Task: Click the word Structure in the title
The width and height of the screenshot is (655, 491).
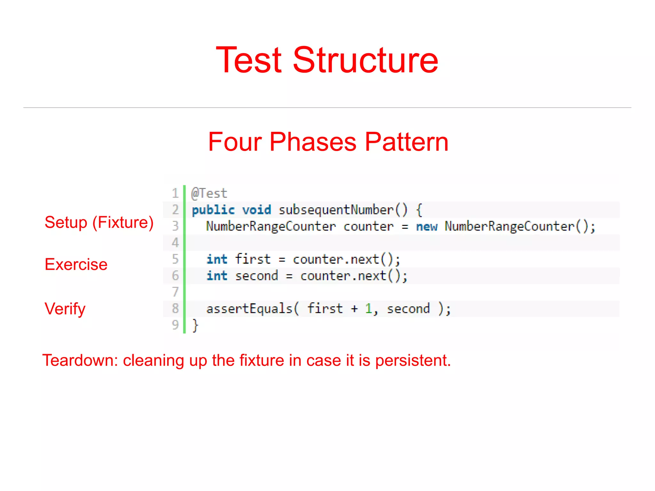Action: point(365,60)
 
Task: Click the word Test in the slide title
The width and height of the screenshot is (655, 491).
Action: point(249,60)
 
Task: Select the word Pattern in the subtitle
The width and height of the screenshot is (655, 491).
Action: point(406,142)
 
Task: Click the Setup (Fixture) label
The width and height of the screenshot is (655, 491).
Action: point(99,223)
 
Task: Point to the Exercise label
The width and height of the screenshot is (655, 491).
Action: point(76,265)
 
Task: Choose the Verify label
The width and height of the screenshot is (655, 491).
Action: point(65,309)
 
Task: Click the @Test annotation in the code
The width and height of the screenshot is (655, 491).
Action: point(209,194)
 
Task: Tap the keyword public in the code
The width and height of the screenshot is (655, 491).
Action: point(213,210)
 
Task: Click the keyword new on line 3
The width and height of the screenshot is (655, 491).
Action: point(427,226)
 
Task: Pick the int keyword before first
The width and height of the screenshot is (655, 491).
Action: point(217,259)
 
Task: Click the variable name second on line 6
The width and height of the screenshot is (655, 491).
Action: point(256,276)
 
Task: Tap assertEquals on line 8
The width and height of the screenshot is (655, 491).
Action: point(249,309)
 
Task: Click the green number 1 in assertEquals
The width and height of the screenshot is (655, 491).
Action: point(368,309)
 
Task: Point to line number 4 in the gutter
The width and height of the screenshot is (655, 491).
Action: point(175,243)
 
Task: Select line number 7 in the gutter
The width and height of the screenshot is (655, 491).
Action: point(175,292)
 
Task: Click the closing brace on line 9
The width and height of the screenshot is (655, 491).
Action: point(195,325)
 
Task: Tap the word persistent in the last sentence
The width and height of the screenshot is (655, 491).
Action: point(413,360)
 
